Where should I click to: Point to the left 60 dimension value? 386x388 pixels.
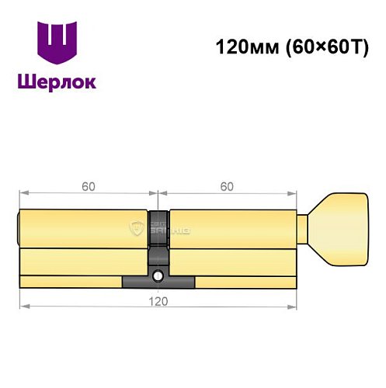pos(89,186)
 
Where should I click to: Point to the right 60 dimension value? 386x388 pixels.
pos(227,186)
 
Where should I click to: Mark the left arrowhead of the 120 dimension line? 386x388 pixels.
pos(23,305)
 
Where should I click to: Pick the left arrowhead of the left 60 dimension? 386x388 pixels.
pos(23,194)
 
